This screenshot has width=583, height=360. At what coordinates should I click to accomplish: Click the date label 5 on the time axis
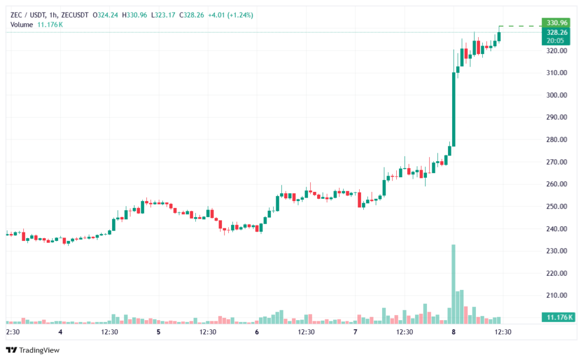coord(158,332)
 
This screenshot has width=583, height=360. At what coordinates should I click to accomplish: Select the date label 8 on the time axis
coord(454,332)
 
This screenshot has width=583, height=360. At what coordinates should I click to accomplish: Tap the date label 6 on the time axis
coord(257,332)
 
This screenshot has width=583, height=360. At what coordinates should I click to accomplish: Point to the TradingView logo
coord(32,350)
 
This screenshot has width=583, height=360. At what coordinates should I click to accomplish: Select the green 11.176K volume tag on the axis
coord(557,317)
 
